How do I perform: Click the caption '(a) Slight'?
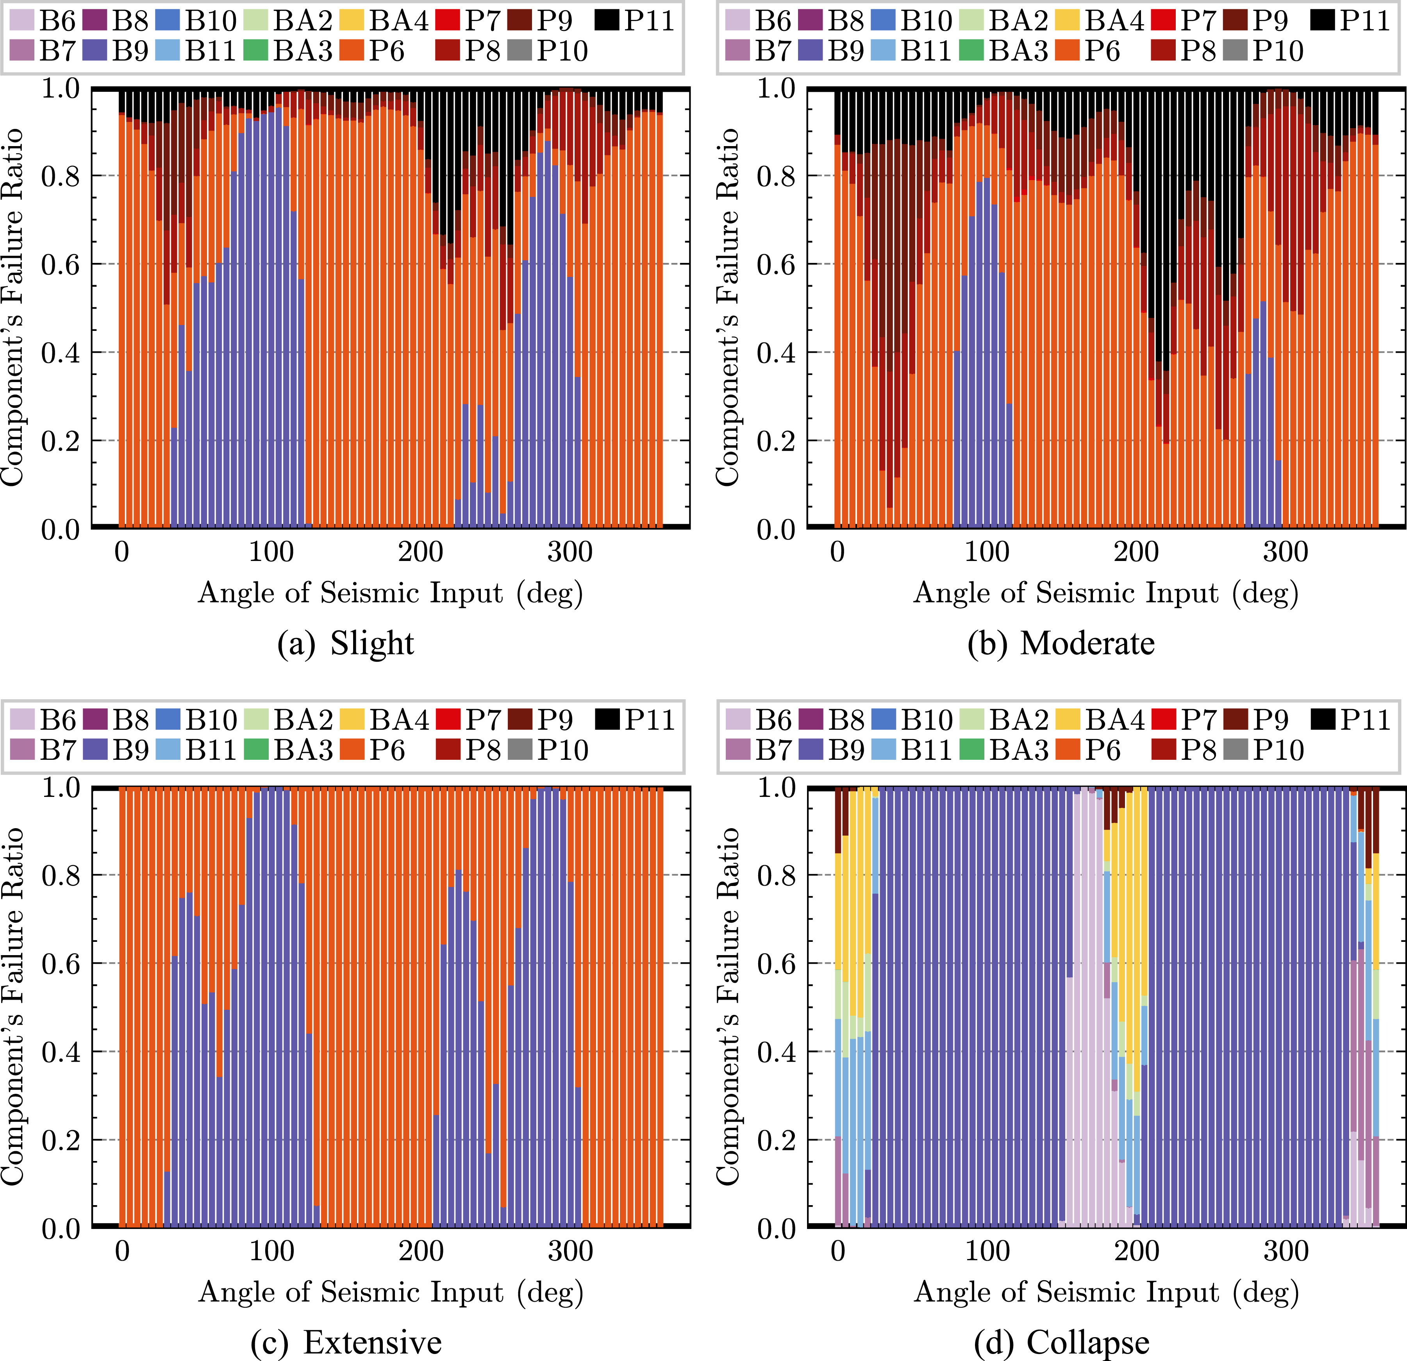(x=345, y=643)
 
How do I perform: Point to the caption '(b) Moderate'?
(x=1061, y=643)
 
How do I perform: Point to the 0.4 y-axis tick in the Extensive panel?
(x=61, y=1052)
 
